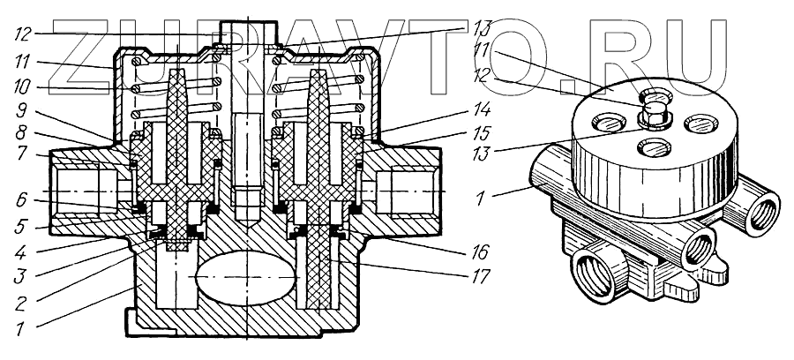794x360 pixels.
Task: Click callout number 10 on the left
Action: (x=23, y=88)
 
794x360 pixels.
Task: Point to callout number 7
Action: (x=22, y=152)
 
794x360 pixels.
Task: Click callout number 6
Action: (x=22, y=200)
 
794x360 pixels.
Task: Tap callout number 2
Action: (x=19, y=304)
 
